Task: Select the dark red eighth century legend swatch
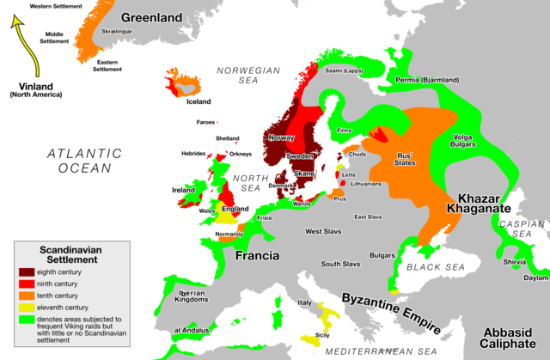[27, 272]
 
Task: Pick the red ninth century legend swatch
[27, 283]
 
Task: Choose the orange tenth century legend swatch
[27, 294]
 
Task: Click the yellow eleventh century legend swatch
[27, 305]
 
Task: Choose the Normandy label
[228, 234]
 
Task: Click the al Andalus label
[186, 330]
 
